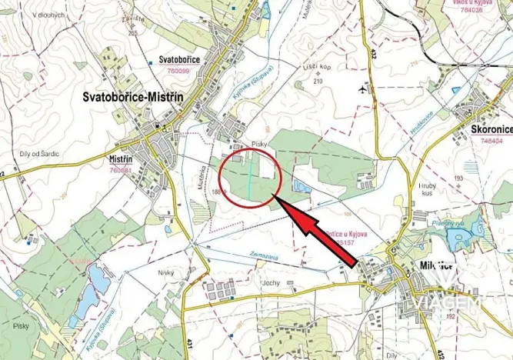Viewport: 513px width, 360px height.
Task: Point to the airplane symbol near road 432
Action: pyautogui.click(x=362, y=89)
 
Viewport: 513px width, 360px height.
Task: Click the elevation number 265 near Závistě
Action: pyautogui.click(x=132, y=32)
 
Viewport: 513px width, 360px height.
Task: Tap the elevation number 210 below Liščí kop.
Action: pyautogui.click(x=318, y=80)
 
